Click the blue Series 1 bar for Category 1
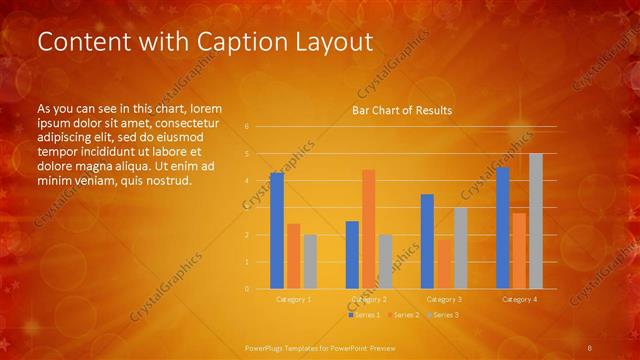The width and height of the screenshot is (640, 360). point(277,231)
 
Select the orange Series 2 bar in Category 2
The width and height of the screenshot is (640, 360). point(368,229)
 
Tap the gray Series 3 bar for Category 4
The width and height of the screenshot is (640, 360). point(535,221)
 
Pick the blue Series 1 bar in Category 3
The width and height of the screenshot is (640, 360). point(427,241)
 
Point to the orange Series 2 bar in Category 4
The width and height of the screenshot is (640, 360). point(518,250)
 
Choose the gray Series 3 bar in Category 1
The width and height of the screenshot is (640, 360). point(310,261)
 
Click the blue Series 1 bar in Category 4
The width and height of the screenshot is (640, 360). point(502,228)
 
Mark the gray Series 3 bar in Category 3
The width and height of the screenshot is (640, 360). point(460,248)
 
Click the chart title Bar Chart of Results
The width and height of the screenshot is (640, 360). point(402,110)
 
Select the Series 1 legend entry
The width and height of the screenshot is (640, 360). point(364,315)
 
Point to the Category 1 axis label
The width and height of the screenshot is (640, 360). point(294,299)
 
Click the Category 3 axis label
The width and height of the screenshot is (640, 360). point(444,299)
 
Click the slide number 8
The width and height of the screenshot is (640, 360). point(590,347)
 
